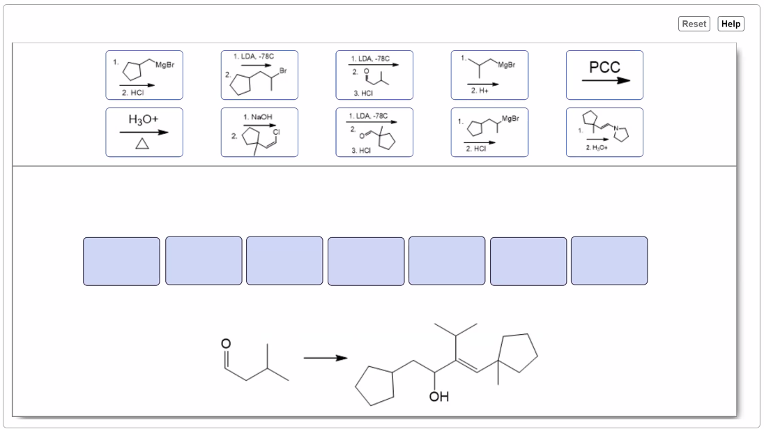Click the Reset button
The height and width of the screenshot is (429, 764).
coord(694,24)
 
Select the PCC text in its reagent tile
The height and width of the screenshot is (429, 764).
coord(604,68)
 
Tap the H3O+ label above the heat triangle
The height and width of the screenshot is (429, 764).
coord(144,119)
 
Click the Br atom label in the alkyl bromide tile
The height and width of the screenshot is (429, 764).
coord(282,70)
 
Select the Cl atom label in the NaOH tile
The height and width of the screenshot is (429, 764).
coord(276,130)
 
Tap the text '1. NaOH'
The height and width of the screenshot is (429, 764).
coord(258,115)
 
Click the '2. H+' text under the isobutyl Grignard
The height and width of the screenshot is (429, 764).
coord(480,91)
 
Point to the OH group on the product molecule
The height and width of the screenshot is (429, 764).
coord(439,397)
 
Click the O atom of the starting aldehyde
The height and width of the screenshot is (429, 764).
coord(224,343)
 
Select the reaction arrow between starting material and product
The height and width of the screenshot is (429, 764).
coord(325,358)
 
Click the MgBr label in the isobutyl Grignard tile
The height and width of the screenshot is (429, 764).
coord(507,64)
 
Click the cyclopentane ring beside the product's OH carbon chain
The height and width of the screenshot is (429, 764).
coord(375,387)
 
